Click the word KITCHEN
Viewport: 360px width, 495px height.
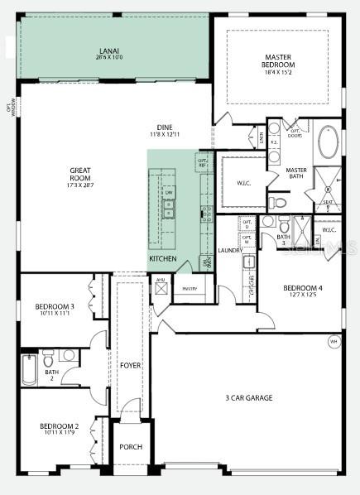(162, 259)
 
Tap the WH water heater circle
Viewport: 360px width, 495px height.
(334, 340)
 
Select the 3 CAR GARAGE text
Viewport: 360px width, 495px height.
(248, 398)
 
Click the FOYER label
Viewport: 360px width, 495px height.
(130, 364)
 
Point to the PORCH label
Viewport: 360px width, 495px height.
(131, 447)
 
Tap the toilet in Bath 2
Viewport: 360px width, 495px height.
(48, 359)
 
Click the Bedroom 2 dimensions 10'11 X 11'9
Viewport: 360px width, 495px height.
(59, 433)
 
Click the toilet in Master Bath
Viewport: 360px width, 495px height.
(279, 201)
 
